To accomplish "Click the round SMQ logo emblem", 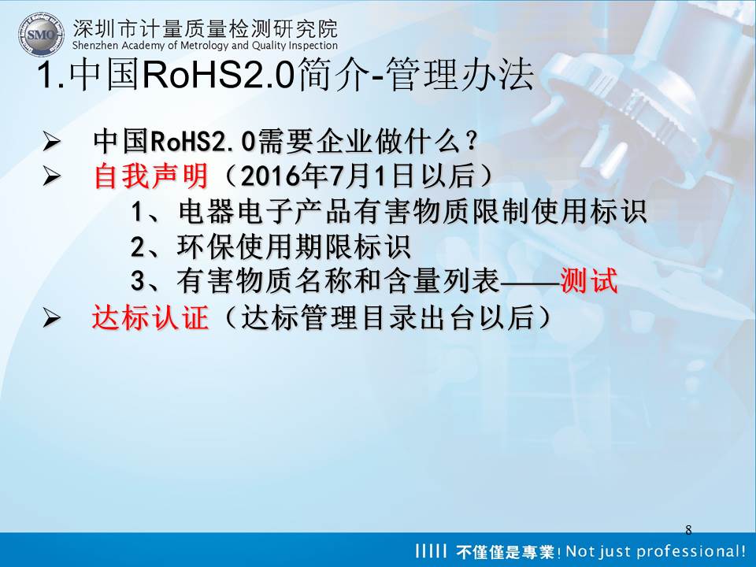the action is pos(41,34).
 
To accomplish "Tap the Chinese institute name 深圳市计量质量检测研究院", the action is pos(206,28).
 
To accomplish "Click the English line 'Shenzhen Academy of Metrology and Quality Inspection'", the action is pos(205,46).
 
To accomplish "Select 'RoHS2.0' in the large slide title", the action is pos(218,76).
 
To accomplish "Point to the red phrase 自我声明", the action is pos(151,176).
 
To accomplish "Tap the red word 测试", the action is pos(589,280).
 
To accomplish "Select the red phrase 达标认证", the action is pos(150,317).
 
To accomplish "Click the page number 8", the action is pos(688,530).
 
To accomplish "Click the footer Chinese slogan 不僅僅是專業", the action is pos(506,551).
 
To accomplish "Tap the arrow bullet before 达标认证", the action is pos(51,318).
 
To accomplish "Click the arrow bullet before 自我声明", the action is pos(51,176).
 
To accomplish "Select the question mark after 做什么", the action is pos(471,141).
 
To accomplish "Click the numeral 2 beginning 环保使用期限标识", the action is pos(138,246).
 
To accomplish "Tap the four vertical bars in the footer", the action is pos(432,550).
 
